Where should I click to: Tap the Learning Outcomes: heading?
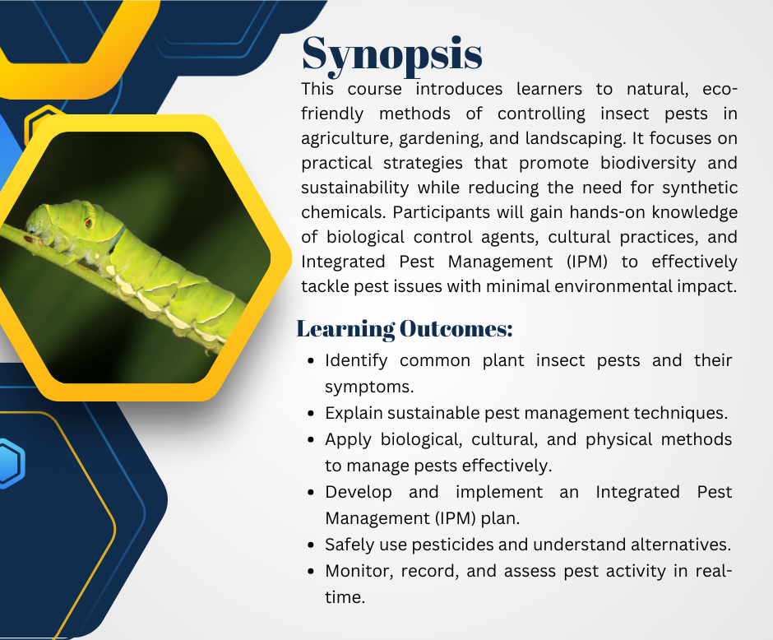404,329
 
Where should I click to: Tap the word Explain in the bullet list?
354,413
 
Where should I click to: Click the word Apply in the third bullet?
347,439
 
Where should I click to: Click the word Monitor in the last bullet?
358,571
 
